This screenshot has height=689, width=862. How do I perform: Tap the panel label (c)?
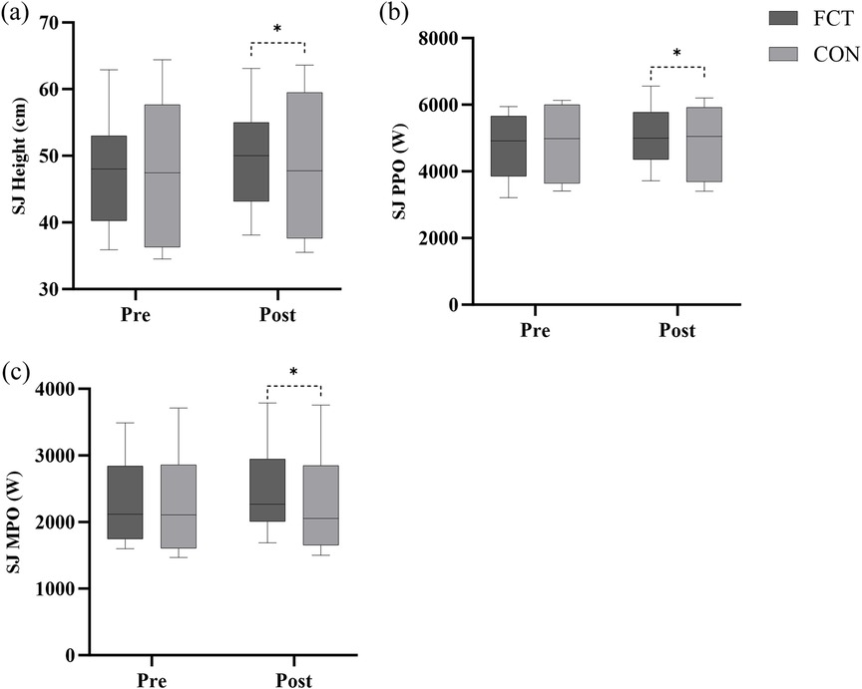click(x=17, y=373)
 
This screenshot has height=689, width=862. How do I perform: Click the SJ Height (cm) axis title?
click(x=18, y=156)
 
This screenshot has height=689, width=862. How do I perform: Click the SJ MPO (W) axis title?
click(x=18, y=522)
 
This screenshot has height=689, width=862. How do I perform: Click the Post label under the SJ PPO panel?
click(x=676, y=330)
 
